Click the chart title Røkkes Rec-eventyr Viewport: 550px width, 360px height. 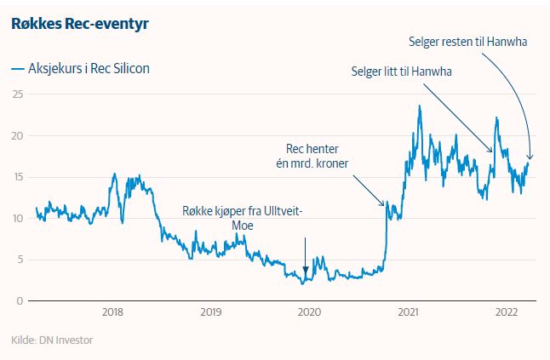point(80,24)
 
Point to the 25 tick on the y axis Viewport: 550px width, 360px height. point(16,94)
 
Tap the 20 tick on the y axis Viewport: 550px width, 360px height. point(16,135)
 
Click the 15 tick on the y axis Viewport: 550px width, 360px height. point(16,177)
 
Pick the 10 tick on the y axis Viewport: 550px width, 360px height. point(16,218)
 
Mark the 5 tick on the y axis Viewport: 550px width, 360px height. point(19,260)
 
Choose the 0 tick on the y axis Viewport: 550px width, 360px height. point(19,300)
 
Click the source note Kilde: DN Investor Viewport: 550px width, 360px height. point(52,340)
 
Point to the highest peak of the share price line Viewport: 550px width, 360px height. point(420,106)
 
